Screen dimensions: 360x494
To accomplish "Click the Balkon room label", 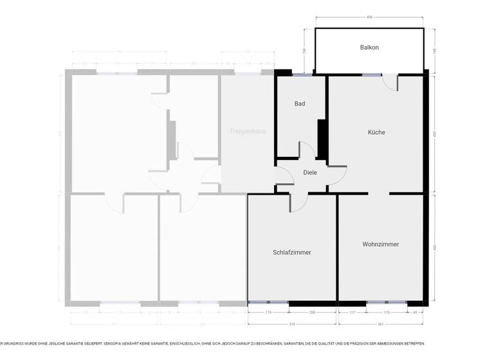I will tap(369, 48).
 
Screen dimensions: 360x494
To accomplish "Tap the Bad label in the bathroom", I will tap(300, 104).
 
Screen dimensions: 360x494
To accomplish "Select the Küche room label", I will tap(376, 132).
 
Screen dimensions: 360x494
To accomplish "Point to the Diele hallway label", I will tap(310, 172).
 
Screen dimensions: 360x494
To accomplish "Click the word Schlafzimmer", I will tap(292, 253).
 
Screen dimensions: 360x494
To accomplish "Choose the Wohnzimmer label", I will tap(380, 244).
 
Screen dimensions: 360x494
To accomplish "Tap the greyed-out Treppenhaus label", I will tap(248, 131).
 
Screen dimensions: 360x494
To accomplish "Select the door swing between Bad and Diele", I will tap(307, 150).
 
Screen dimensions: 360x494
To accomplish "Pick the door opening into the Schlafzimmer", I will tap(299, 201).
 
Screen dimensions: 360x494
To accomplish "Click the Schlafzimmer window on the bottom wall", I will tap(268, 302).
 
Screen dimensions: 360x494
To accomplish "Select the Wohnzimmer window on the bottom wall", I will tap(386, 302).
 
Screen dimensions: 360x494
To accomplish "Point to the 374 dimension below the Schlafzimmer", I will tap(291, 323).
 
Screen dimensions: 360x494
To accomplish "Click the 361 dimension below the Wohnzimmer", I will tap(380, 323).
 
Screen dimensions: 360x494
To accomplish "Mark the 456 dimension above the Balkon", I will tap(369, 17).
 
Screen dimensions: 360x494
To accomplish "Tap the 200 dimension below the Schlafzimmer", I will tap(313, 312).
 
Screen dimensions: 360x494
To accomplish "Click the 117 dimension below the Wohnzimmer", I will tap(352, 312).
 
